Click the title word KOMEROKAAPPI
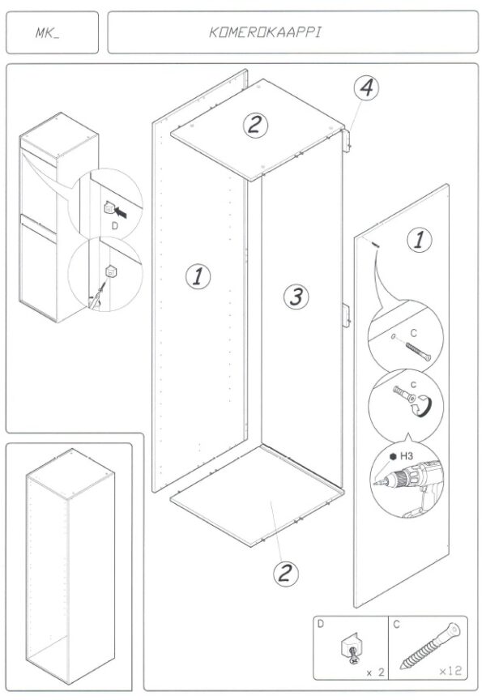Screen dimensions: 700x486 (x=266, y=33)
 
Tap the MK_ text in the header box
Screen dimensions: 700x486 (x=48, y=34)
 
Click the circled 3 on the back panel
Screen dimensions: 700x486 (x=296, y=297)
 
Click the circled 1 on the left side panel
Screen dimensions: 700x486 (x=198, y=276)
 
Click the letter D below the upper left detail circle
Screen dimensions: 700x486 (x=114, y=227)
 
